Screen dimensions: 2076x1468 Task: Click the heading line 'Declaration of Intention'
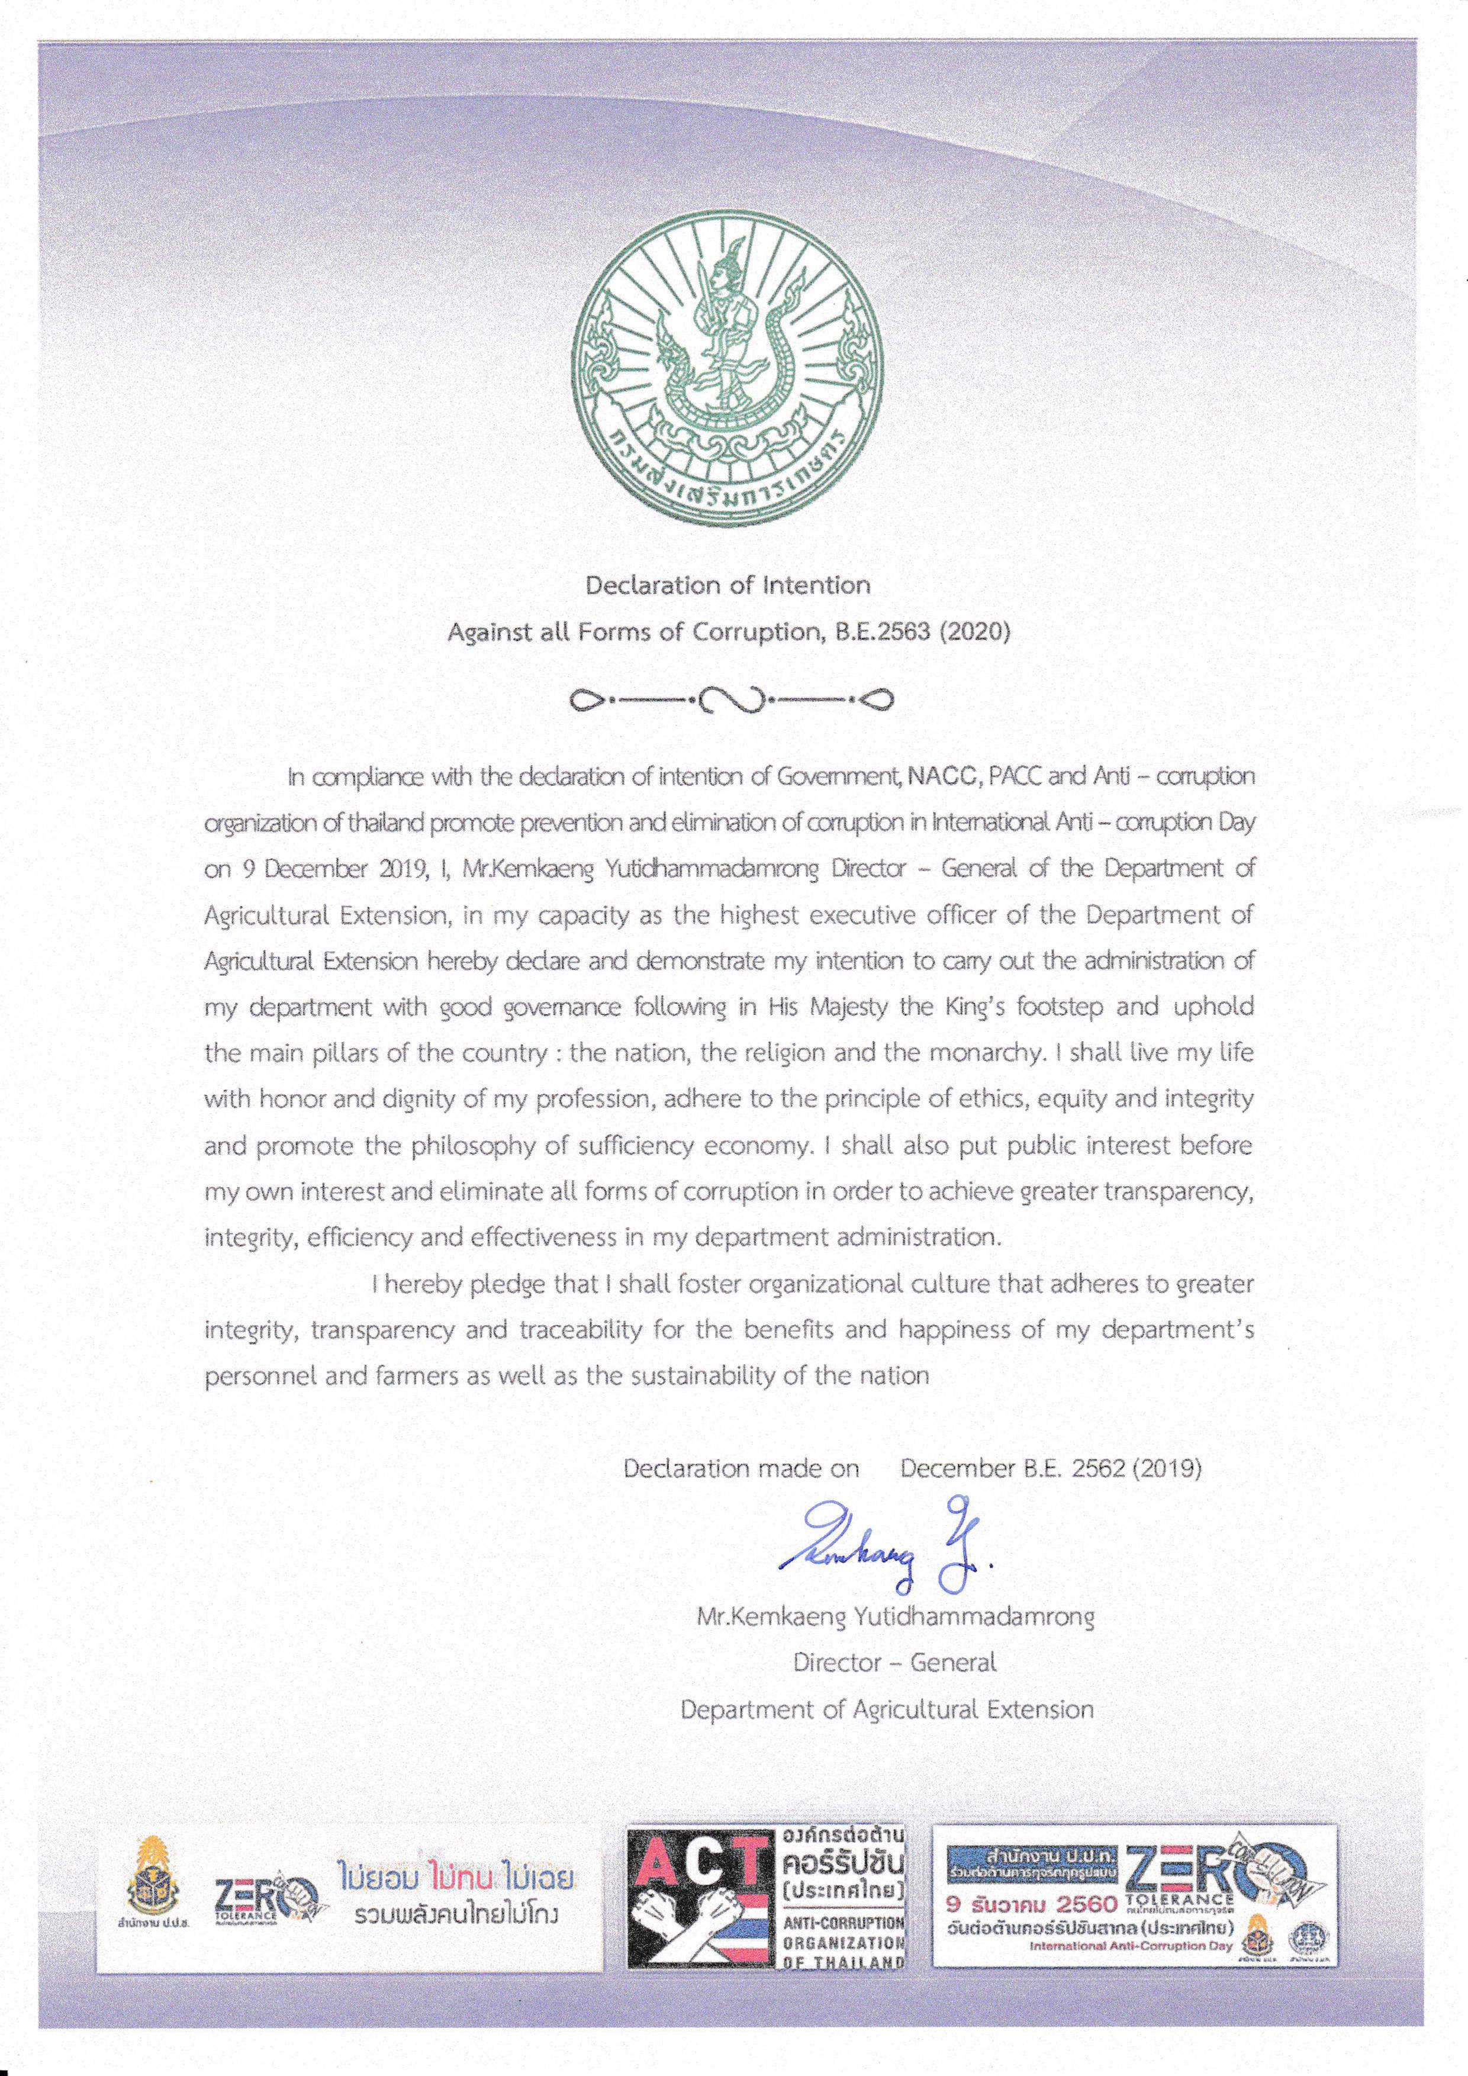(728, 585)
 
